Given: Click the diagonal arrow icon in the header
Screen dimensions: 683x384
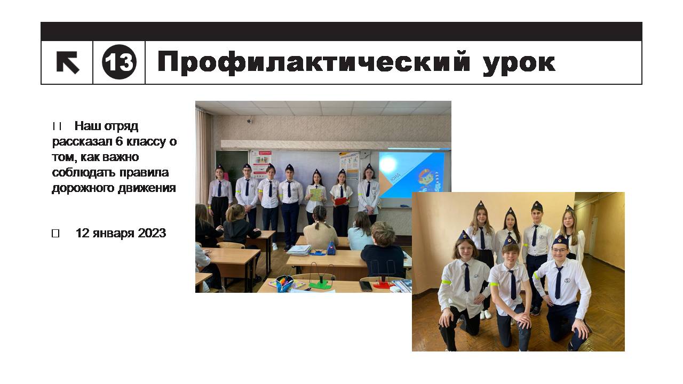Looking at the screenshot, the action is click(68, 62).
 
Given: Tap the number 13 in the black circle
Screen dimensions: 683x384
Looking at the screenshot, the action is click(119, 62).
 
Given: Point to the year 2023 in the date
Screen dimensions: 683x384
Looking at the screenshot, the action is click(152, 233).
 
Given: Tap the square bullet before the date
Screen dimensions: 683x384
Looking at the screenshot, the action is click(55, 234).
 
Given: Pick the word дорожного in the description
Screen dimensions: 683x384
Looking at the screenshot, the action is click(83, 188).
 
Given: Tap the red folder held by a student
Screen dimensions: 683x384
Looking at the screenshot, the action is click(341, 201).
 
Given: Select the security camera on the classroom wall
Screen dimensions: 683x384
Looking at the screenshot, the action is click(250, 120).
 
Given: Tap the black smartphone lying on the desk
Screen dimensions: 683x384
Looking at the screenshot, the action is click(366, 286).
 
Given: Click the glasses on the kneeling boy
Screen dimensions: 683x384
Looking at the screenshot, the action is click(560, 250).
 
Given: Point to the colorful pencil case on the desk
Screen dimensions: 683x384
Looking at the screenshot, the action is click(284, 283).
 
